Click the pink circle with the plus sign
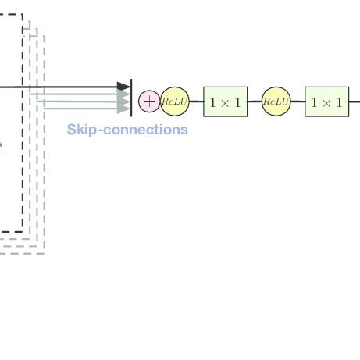point(148,101)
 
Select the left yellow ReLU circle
point(175,102)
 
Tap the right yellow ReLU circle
point(276,102)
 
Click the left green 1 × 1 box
point(225,102)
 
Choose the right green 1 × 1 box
point(326,102)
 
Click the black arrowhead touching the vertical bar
point(124,87)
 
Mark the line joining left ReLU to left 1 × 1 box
point(196,102)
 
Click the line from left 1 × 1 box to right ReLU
point(255,102)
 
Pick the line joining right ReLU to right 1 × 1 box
point(298,102)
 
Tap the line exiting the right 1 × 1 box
point(354,102)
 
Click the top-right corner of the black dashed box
point(23,15)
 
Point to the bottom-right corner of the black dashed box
point(23,231)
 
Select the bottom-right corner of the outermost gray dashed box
point(45,251)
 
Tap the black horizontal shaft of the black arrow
point(62,87)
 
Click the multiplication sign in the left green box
point(225,102)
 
